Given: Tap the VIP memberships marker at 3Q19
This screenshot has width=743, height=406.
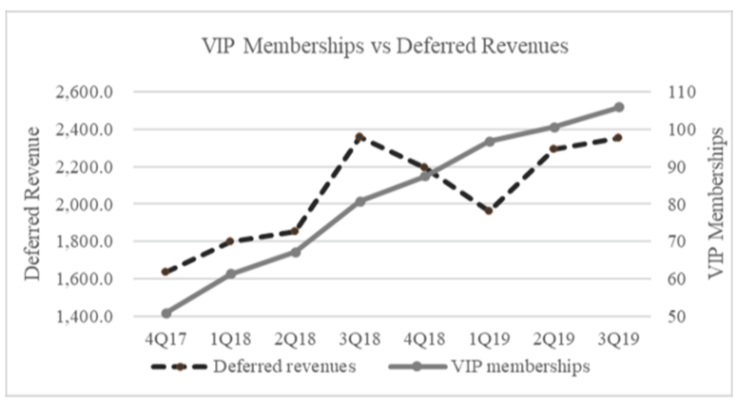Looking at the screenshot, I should coord(619,107).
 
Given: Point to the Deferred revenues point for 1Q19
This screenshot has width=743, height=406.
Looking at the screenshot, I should coord(489,211).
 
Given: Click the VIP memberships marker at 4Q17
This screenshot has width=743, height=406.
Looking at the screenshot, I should coord(166,313).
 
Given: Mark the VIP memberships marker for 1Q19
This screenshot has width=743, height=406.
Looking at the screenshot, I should coord(489,142).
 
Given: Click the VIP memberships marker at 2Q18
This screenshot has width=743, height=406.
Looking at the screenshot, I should coord(295,252).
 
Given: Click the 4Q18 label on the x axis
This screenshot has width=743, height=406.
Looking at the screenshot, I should coord(424,340).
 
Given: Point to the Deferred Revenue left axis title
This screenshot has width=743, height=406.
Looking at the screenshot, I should coord(33,204).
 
